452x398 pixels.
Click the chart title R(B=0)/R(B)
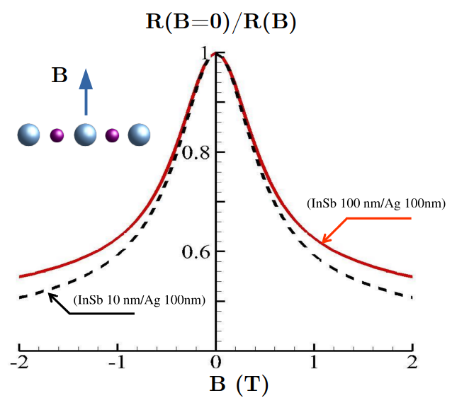(220, 22)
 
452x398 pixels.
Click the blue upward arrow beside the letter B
(86, 91)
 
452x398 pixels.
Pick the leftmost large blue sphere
(30, 135)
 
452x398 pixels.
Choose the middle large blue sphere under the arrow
(86, 135)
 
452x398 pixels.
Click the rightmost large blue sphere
(140, 135)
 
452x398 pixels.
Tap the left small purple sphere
(57, 135)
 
